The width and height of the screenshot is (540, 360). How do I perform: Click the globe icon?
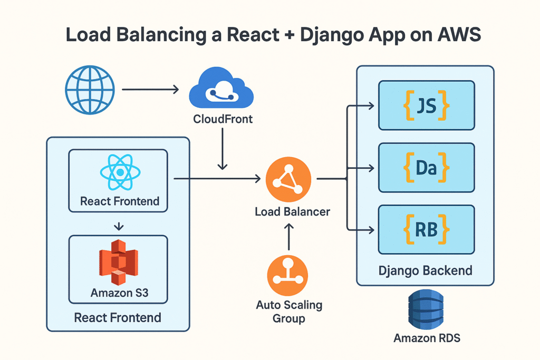point(90,90)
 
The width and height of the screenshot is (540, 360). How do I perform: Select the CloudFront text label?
point(223,119)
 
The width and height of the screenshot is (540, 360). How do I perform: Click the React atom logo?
point(120,172)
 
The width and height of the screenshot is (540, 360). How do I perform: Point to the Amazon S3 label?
point(119,293)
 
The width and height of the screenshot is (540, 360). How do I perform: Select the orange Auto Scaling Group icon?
point(288,275)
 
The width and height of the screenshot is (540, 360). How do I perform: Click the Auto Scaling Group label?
point(289,312)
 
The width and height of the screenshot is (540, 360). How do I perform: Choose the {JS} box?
point(426,105)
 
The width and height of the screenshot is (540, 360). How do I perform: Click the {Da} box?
point(426,167)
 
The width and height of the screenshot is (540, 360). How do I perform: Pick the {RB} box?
point(426,229)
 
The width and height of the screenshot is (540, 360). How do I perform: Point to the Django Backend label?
point(425,271)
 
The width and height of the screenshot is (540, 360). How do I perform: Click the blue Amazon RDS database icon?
point(427,312)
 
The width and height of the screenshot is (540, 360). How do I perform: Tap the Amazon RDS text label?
point(427,338)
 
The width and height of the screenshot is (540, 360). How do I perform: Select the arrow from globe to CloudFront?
point(150,90)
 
